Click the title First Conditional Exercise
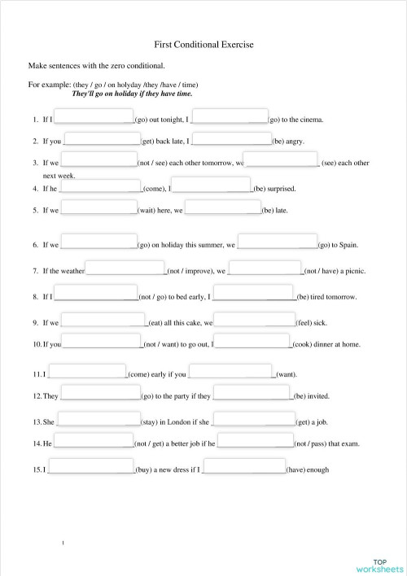coord(203,48)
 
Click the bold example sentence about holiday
coord(133,94)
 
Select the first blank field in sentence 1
coord(94,116)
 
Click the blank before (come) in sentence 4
coord(99,185)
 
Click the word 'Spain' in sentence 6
coord(346,244)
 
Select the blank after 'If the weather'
coord(125,268)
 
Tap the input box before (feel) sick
coord(253,319)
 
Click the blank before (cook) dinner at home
coord(252,341)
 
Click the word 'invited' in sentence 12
coord(317,396)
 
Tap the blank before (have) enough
coord(244,466)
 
